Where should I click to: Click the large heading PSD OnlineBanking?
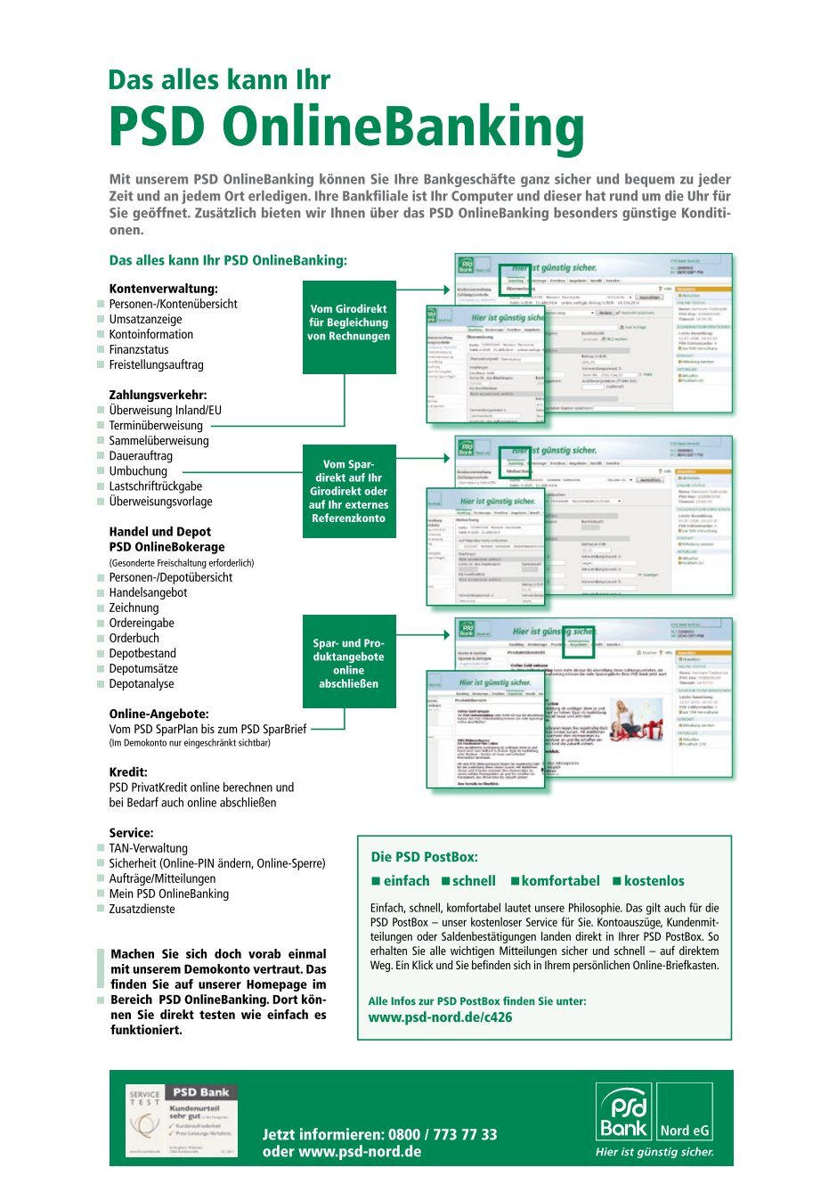(346, 127)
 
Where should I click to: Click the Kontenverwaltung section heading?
(163, 289)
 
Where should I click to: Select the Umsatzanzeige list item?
(145, 319)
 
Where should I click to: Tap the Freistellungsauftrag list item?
(156, 364)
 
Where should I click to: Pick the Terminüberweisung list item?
(156, 425)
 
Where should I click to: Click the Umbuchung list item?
(138, 470)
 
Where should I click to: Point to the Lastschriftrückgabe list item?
(156, 486)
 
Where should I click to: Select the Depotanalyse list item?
(142, 683)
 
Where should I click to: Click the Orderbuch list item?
(134, 638)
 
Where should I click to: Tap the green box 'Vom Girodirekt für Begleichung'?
(349, 323)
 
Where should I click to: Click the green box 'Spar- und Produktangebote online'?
(349, 663)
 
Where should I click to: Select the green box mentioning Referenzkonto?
(349, 491)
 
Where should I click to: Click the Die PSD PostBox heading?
(424, 857)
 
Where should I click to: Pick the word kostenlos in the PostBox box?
(654, 881)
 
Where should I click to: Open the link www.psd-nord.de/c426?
(440, 1017)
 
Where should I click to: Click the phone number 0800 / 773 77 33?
(443, 1134)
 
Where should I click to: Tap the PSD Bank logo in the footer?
(655, 1119)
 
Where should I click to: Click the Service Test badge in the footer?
(182, 1121)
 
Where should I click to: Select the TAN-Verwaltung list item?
(149, 848)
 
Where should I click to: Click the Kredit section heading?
(128, 772)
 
